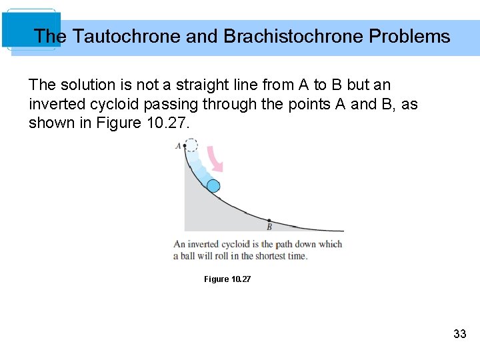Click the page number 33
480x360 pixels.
[459, 334]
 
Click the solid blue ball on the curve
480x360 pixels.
[213, 186]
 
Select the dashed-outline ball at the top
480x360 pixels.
[191, 145]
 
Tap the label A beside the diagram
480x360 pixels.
[178, 145]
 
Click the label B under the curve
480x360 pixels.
[269, 227]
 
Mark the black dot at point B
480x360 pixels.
[269, 220]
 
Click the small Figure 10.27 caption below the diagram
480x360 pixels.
[227, 279]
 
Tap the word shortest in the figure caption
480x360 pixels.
[267, 256]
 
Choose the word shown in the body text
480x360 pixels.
[49, 123]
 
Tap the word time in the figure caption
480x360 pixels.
[297, 256]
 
